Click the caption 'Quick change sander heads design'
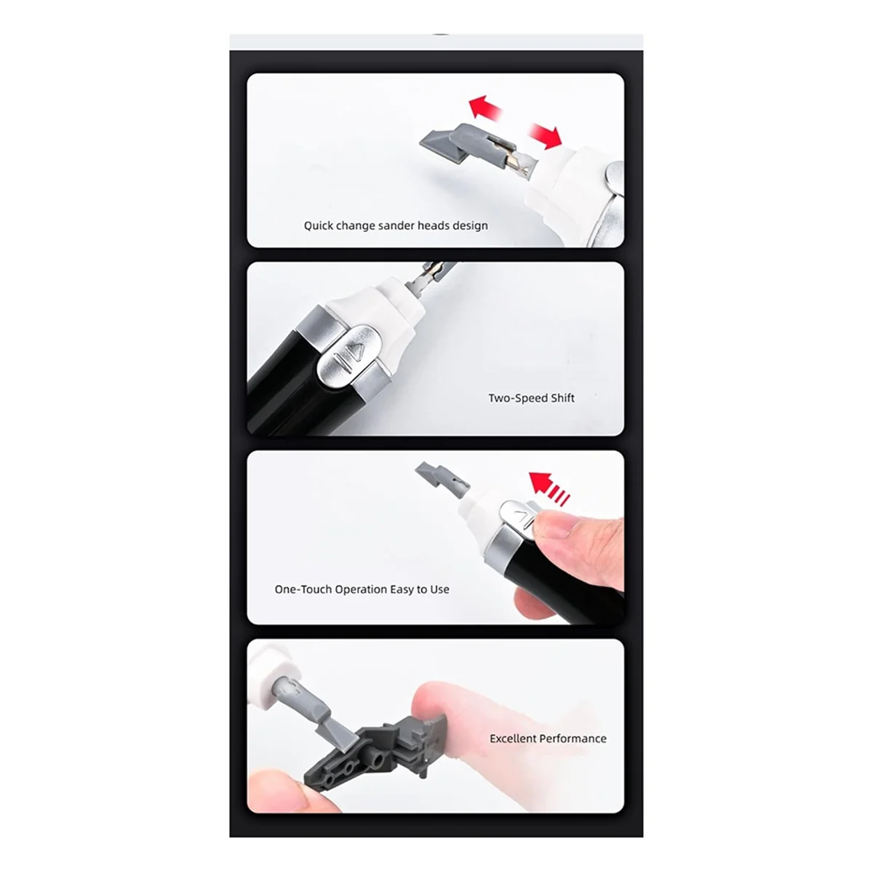point(396,226)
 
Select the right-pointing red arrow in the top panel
point(545,135)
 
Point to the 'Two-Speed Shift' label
point(531,398)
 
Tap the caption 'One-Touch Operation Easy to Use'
point(362,589)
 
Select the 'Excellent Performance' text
point(548,738)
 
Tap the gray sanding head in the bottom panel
point(316,709)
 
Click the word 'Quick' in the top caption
point(318,226)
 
